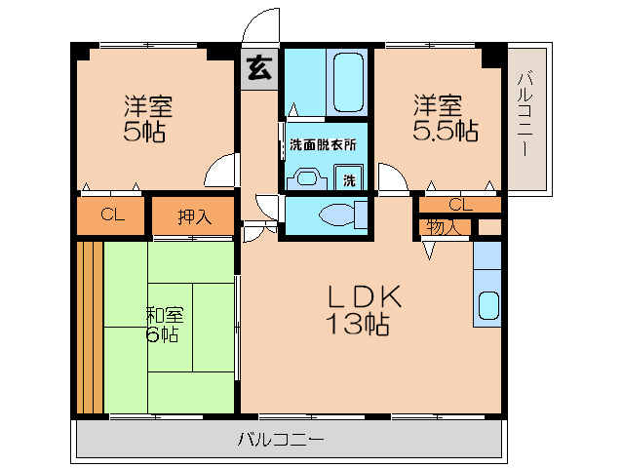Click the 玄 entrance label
click(x=258, y=67)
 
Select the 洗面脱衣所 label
click(x=323, y=145)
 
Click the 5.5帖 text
click(x=446, y=131)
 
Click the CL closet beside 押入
click(x=112, y=215)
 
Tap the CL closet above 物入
click(x=460, y=205)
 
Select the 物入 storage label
click(x=444, y=227)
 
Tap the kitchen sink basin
click(x=487, y=307)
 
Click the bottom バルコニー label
click(x=281, y=440)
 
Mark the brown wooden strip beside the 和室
click(x=90, y=326)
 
